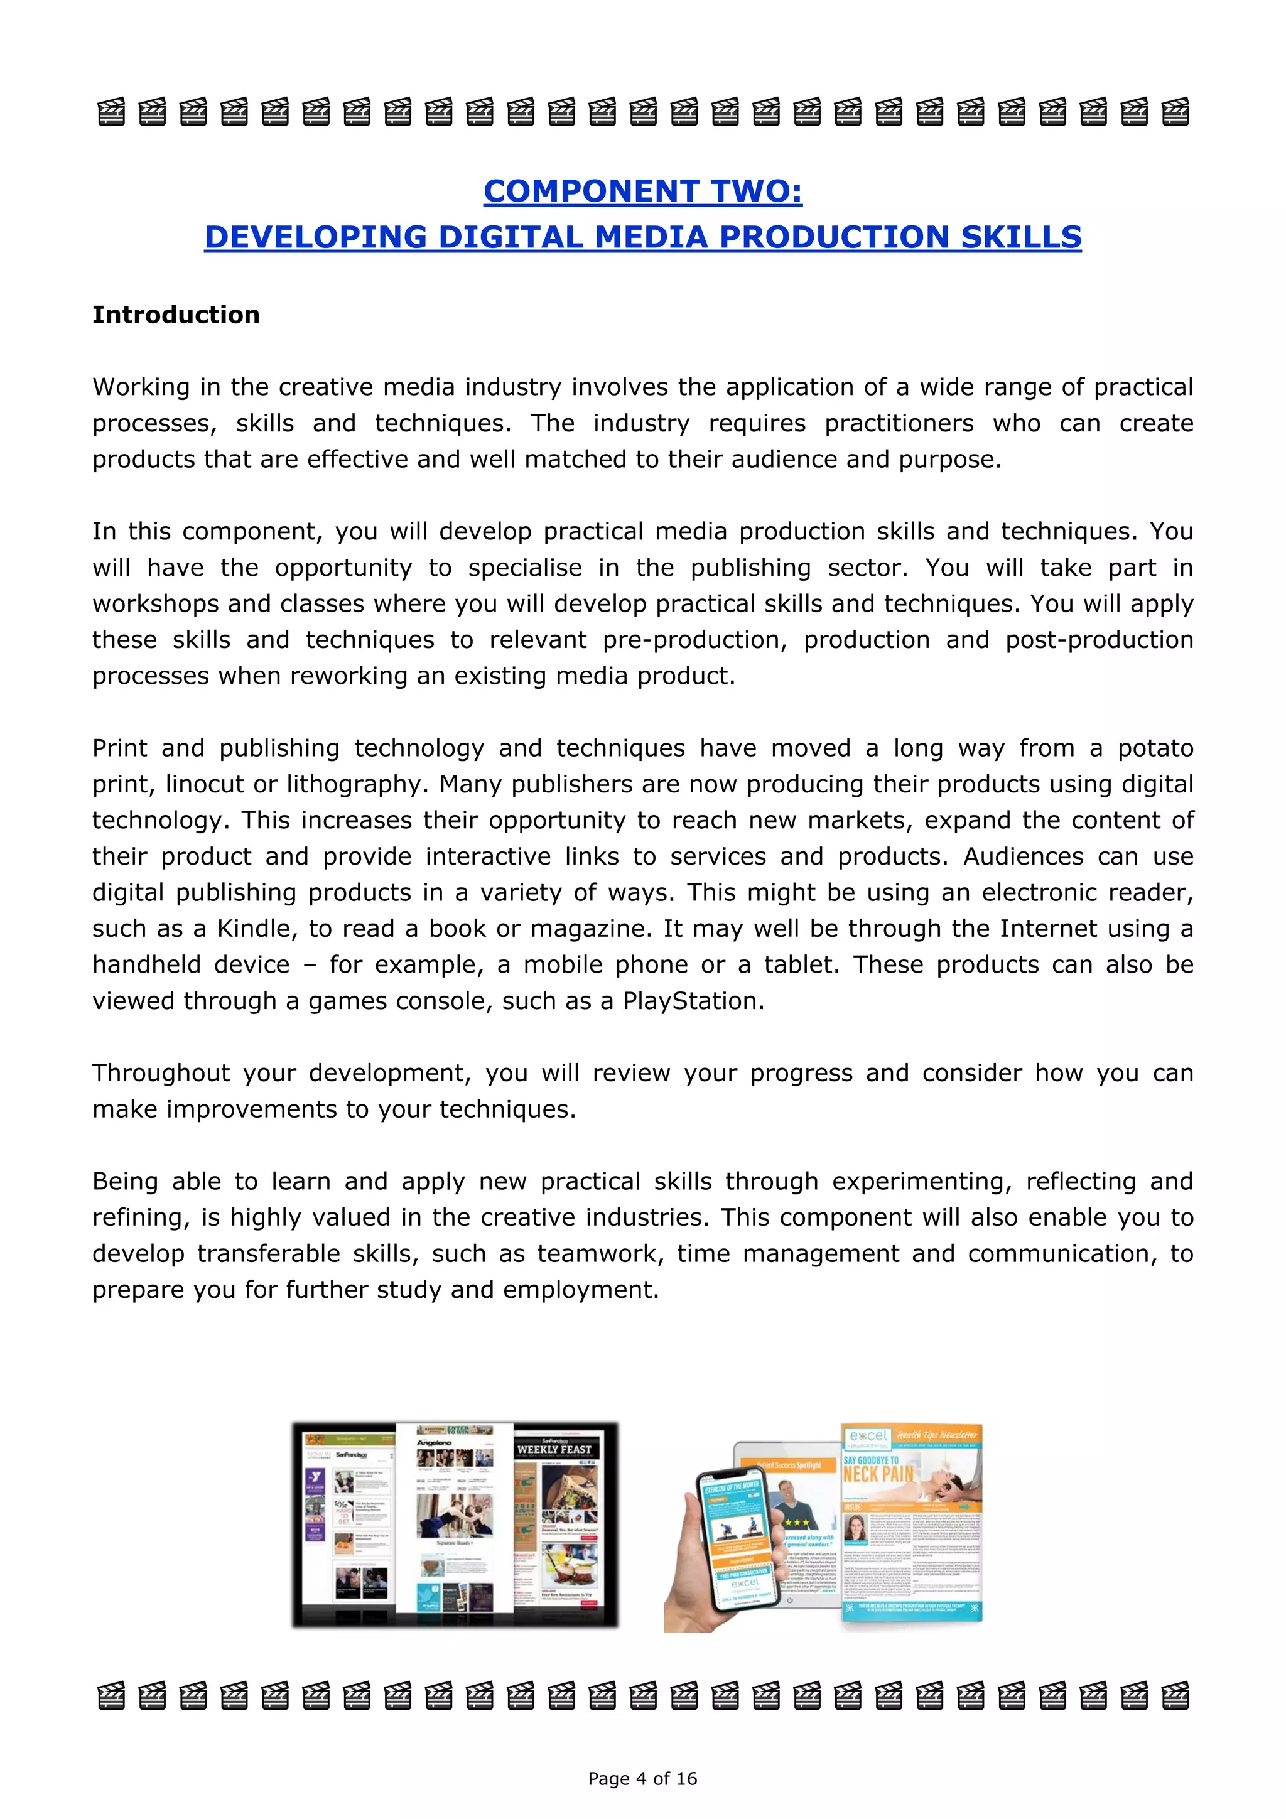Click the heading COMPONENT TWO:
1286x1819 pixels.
pos(642,191)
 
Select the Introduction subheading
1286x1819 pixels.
pos(176,315)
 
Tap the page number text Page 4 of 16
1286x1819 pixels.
pos(642,1779)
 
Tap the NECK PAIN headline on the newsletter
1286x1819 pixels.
pos(877,1474)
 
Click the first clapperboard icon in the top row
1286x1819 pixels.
pos(111,112)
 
